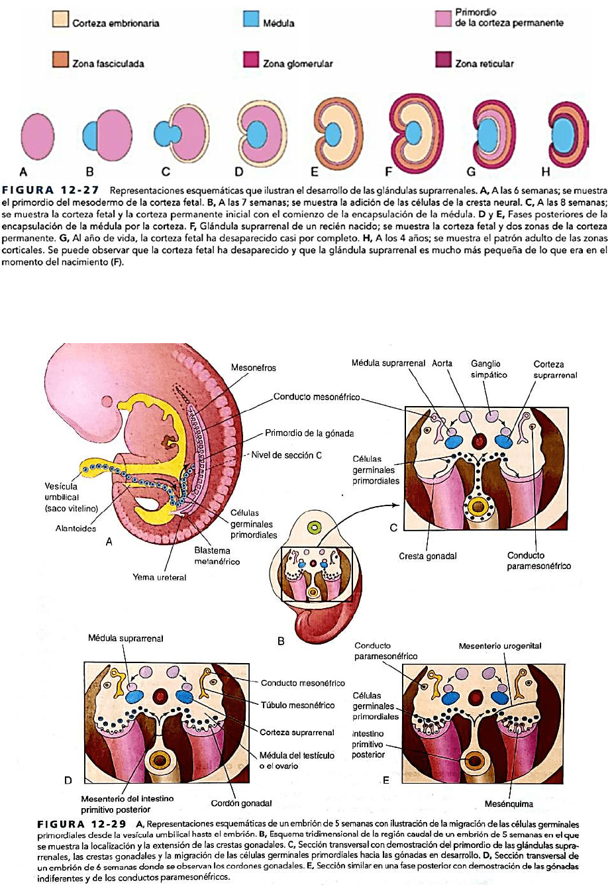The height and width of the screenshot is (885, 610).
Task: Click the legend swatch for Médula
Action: pyautogui.click(x=250, y=21)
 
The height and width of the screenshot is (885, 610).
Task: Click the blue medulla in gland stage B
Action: pyautogui.click(x=92, y=136)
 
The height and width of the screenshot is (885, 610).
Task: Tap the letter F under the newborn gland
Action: pyautogui.click(x=389, y=172)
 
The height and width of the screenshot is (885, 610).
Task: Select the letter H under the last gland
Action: pyautogui.click(x=546, y=172)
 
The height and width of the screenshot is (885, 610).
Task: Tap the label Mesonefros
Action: pyautogui.click(x=254, y=368)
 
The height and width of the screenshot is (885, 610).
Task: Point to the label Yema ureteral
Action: pyautogui.click(x=160, y=577)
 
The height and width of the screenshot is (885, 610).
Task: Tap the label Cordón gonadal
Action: pyautogui.click(x=242, y=803)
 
